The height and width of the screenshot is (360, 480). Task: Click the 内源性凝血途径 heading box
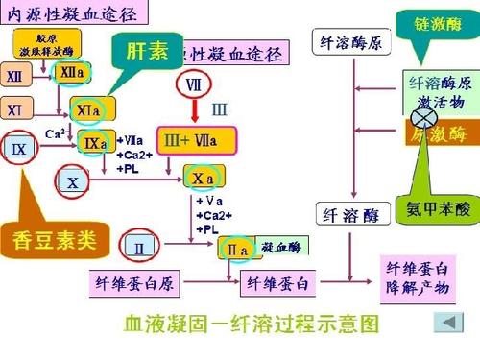[x=72, y=13]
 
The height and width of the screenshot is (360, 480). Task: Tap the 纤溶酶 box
[x=349, y=214]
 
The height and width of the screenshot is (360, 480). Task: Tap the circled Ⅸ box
[x=19, y=149]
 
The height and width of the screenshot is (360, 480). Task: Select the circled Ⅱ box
[x=140, y=249]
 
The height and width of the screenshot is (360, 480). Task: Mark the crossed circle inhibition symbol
[x=420, y=116]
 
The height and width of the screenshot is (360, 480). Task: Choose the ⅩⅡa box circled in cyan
[x=71, y=73]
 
